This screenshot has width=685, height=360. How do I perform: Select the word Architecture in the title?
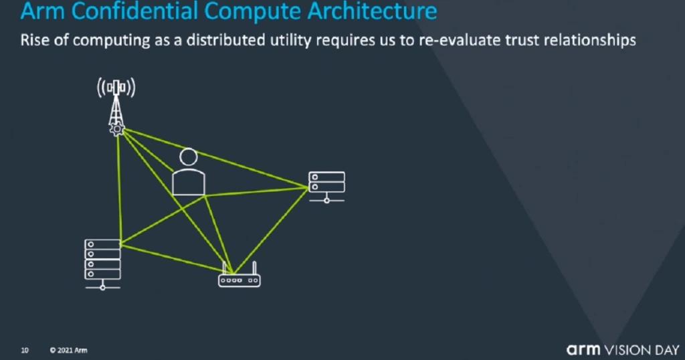tap(372, 11)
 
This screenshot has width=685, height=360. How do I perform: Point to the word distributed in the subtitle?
tap(226, 40)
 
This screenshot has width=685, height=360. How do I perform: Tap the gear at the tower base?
tap(117, 129)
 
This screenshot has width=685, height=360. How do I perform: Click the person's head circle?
tap(188, 157)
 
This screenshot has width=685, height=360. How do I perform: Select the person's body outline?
tap(188, 182)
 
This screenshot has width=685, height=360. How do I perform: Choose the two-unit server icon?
tap(326, 187)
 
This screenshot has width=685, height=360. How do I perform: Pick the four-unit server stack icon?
tap(102, 264)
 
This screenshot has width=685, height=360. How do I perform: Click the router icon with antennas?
tap(239, 274)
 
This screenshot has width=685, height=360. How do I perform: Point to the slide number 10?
tap(25, 351)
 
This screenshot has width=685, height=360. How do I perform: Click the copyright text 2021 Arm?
tap(69, 351)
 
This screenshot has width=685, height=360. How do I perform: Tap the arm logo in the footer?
tap(583, 349)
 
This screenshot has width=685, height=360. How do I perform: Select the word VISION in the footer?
tap(626, 350)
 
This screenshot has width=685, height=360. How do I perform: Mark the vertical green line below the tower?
tap(119, 187)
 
